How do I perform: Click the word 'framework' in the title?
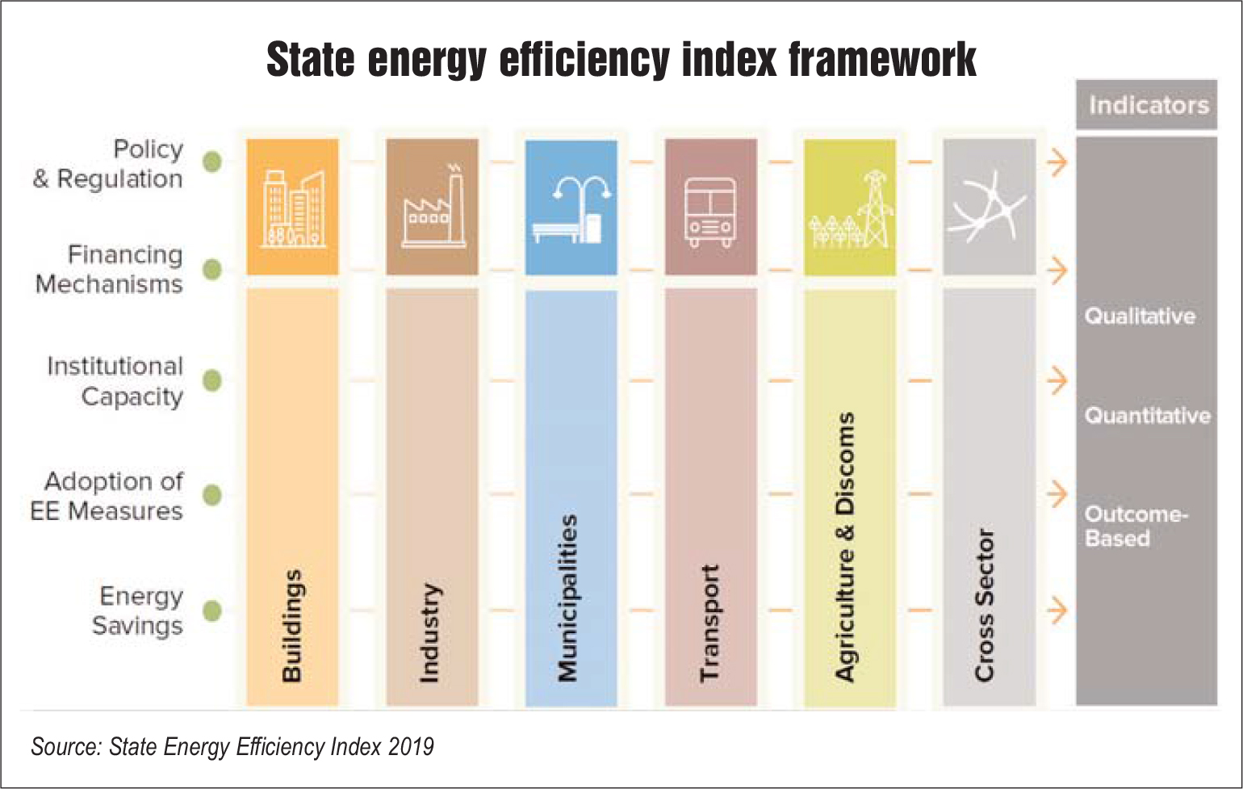tap(881, 60)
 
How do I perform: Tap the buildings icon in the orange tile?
tap(292, 208)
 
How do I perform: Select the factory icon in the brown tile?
tap(432, 208)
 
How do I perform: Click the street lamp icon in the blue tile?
tap(571, 208)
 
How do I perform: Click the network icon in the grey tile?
tap(988, 207)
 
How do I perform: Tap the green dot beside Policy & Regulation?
tap(212, 162)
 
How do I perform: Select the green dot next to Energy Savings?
tap(212, 611)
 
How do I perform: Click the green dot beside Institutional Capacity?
tap(212, 380)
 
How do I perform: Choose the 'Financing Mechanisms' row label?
tap(110, 269)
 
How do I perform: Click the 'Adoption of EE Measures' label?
tap(107, 496)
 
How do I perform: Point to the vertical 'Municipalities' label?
tap(568, 598)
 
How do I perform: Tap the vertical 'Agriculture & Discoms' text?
tap(845, 547)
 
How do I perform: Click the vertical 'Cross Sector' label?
tap(985, 605)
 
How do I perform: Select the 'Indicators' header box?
tap(1146, 105)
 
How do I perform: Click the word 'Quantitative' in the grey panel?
tap(1147, 416)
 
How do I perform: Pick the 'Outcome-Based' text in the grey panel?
tap(1135, 526)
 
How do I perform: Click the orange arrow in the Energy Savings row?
tap(1057, 611)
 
